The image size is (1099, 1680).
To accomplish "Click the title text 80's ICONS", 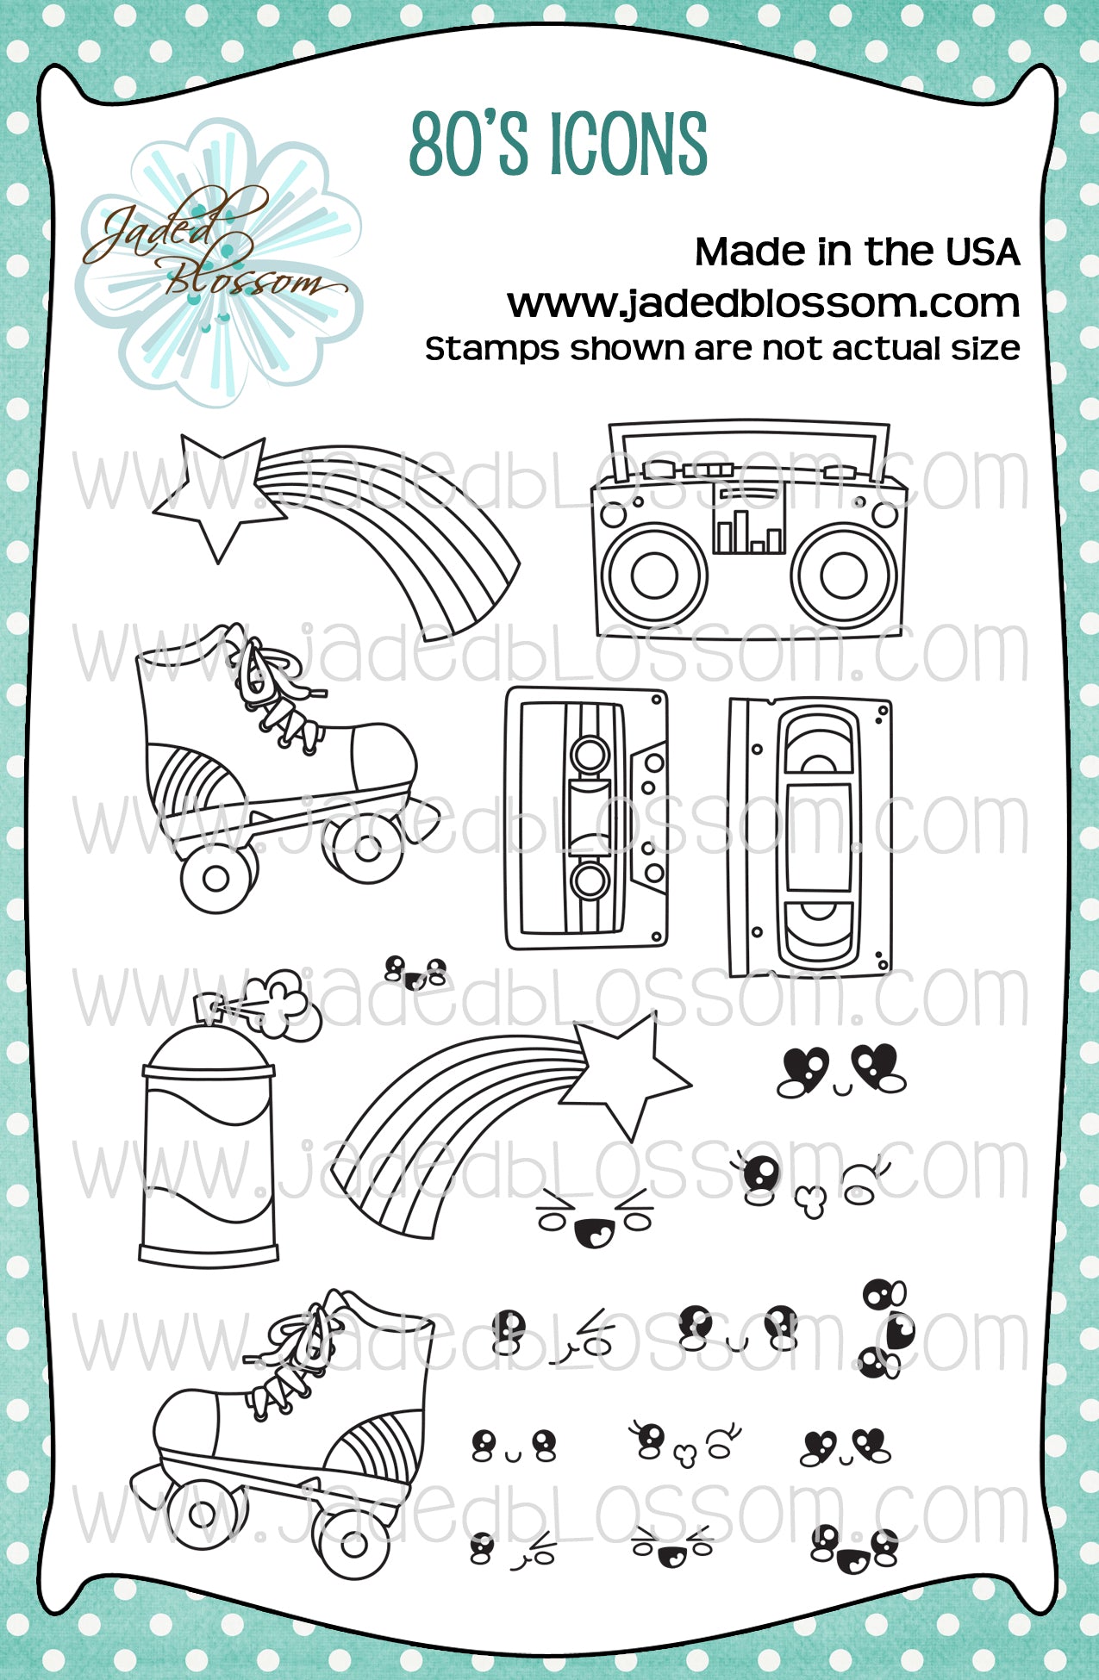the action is click(559, 144).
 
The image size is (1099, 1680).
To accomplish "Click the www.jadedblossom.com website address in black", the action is click(763, 302).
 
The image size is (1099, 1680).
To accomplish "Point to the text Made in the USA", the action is click(857, 252).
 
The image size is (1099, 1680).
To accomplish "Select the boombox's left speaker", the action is click(654, 575).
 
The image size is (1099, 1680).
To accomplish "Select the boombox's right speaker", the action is click(845, 575).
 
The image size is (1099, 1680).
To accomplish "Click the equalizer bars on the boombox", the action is click(748, 531).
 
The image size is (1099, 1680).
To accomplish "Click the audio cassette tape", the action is click(587, 818).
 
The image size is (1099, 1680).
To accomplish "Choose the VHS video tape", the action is click(810, 837).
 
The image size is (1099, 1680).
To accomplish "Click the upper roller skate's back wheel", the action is click(216, 878).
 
